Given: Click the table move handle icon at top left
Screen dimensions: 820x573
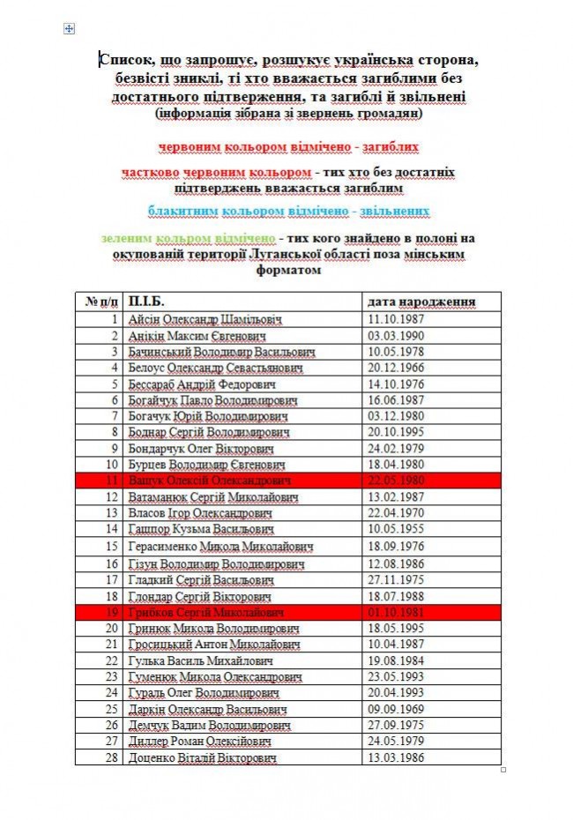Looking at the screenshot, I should (69, 29).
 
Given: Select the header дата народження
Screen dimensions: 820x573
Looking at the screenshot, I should (422, 302).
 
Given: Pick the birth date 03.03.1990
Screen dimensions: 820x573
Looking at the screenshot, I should (396, 336).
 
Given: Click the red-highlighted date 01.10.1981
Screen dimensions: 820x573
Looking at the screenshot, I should (396, 611).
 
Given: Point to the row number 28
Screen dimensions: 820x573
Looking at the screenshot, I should (112, 757).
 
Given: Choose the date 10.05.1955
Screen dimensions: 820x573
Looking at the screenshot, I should (396, 529).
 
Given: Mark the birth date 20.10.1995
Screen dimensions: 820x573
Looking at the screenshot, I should (396, 432).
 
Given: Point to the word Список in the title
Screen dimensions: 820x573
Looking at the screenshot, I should (124, 60).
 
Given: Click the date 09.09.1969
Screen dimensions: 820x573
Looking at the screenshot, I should (396, 709).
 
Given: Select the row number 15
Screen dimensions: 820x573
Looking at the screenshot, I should (112, 546).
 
